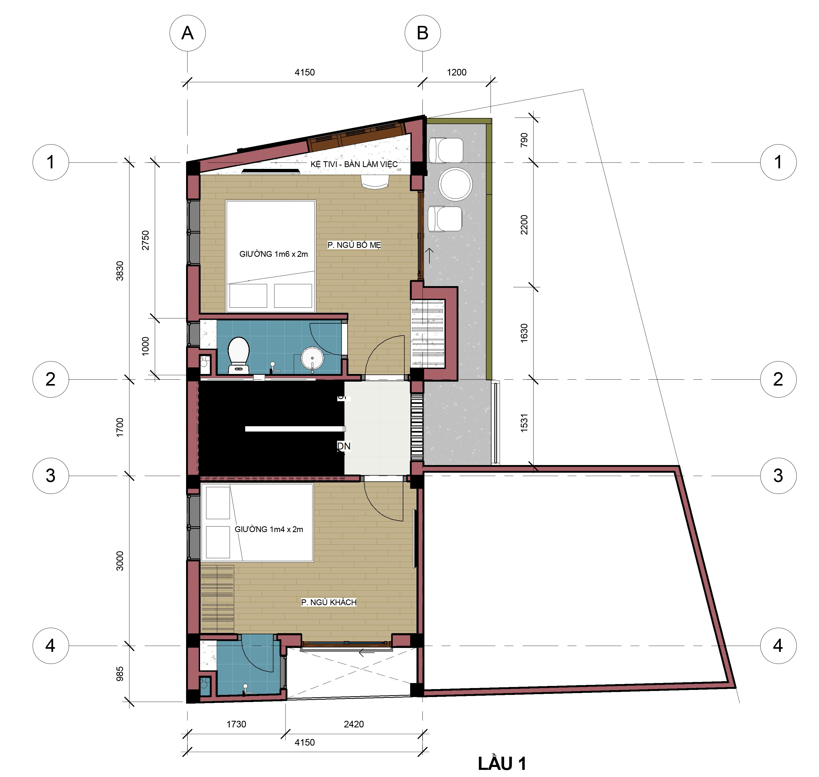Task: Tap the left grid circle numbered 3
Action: [x=50, y=476]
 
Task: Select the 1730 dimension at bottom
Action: [x=236, y=724]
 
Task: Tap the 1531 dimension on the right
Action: [x=524, y=423]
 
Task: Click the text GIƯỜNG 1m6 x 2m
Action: [x=273, y=254]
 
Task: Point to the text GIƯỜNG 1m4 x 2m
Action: [x=269, y=529]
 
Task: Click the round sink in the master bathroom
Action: [x=312, y=359]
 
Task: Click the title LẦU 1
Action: [x=502, y=763]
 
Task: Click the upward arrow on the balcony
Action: [x=429, y=255]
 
